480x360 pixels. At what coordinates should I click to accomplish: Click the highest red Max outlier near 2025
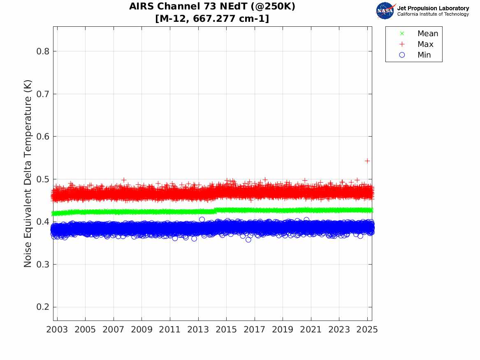[x=367, y=160]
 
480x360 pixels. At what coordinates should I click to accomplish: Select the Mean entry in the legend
[x=427, y=34]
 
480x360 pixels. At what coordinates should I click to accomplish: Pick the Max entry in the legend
[x=425, y=44]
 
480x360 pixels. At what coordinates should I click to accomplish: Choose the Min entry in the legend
[x=424, y=55]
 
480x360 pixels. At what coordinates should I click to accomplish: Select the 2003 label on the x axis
[x=58, y=330]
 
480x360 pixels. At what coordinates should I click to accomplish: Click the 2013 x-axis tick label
[x=198, y=330]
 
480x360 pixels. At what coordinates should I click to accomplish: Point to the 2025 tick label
[x=367, y=330]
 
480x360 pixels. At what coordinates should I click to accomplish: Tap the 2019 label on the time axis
[x=283, y=330]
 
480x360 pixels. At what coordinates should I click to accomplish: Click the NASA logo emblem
[x=385, y=11]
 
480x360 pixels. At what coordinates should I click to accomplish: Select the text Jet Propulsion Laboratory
[x=433, y=8]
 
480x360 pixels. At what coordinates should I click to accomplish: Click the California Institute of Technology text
[x=433, y=14]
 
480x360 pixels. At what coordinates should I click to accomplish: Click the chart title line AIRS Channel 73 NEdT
[x=212, y=7]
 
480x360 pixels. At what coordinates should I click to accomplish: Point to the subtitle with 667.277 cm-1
[x=212, y=19]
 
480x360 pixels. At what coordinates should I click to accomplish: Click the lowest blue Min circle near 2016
[x=248, y=239]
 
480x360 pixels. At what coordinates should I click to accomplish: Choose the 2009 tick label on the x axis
[x=142, y=330]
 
